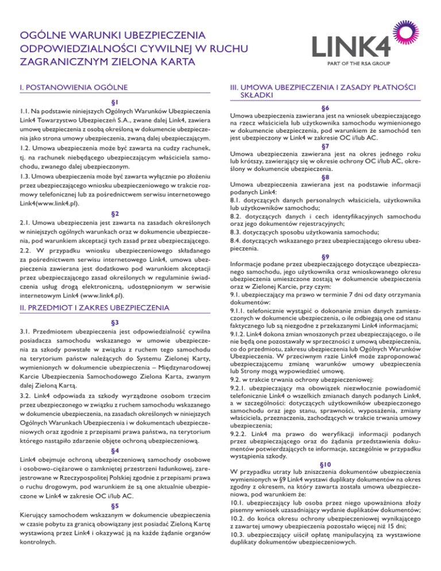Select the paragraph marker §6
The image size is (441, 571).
click(x=325, y=108)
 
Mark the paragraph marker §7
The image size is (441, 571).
click(x=325, y=146)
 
